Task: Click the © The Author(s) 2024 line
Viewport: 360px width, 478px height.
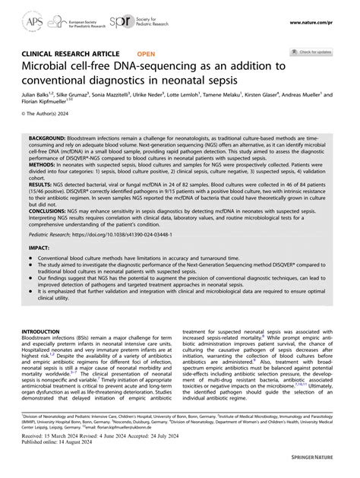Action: pyautogui.click(x=47, y=124)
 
